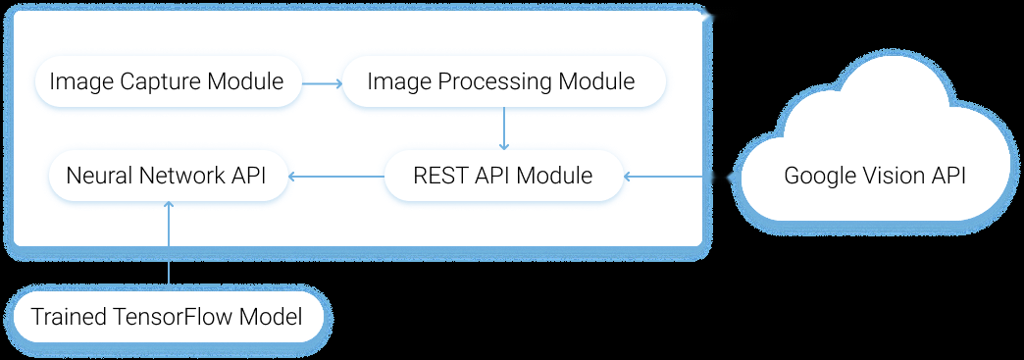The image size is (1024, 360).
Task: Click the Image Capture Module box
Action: [x=167, y=81]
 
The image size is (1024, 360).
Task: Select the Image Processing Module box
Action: [x=501, y=81]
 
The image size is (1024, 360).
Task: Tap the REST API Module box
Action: [x=502, y=177]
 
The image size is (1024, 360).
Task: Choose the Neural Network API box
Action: [x=168, y=177]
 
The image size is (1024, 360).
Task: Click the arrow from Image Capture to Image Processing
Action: [x=320, y=82]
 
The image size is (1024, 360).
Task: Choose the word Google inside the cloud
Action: [x=820, y=177]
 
